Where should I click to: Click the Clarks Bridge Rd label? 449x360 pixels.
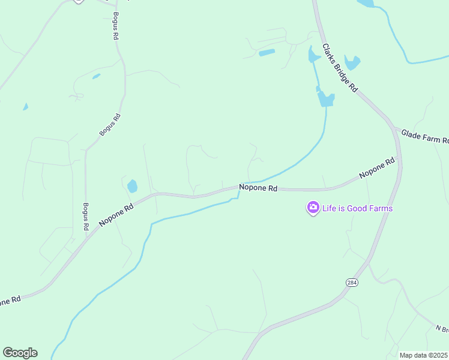point(340,67)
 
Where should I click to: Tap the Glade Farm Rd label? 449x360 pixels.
point(424,136)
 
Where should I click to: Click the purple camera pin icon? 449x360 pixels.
point(313,208)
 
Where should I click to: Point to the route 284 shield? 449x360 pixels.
point(352,283)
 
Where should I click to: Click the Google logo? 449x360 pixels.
point(20,353)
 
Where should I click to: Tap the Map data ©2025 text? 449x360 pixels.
point(423,355)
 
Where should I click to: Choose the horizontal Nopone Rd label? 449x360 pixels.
point(258,188)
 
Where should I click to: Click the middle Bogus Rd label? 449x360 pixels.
point(110,125)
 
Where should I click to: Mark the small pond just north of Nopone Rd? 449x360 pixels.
point(132,186)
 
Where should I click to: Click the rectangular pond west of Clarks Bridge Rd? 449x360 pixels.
point(267,53)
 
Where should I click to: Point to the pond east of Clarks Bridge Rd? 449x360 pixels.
point(352,62)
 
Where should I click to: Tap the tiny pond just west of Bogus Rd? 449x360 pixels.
point(96,77)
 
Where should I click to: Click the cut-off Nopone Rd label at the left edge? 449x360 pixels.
point(10,301)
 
